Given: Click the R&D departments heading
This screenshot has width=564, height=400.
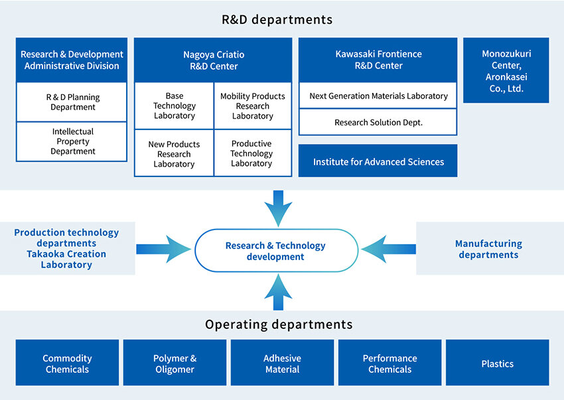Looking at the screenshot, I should coord(277,19).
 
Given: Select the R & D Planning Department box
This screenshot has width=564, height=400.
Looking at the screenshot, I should coord(72,102).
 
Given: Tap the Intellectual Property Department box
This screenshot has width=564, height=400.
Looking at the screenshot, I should coord(72,141).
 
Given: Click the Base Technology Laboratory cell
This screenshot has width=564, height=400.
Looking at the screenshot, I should coord(175,106).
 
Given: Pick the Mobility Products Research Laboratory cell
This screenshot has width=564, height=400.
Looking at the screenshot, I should coord(252,106).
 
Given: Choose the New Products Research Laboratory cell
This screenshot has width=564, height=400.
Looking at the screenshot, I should coord(175,154).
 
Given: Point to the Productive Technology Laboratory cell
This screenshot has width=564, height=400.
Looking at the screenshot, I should coord(252,154).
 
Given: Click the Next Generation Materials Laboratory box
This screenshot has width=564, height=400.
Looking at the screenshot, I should coord(378,96).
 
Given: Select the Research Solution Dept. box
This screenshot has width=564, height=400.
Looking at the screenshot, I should coord(378,122).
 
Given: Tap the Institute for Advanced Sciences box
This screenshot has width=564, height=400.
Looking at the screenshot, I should coord(378,161).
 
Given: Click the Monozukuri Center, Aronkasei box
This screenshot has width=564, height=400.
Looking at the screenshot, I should coord(506,70).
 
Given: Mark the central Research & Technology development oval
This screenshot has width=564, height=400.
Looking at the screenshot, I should coord(276,250).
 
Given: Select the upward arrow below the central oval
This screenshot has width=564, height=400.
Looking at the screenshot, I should coord(278,293).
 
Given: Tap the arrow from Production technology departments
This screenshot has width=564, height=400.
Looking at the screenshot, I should coord(163,249).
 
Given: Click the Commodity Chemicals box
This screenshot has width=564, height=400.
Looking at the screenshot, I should coord(67,363).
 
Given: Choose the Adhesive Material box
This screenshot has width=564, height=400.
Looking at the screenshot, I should coord(282,363).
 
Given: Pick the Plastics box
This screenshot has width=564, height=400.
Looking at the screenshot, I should coord(497,363).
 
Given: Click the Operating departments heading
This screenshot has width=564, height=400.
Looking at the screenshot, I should coord(278,324).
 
